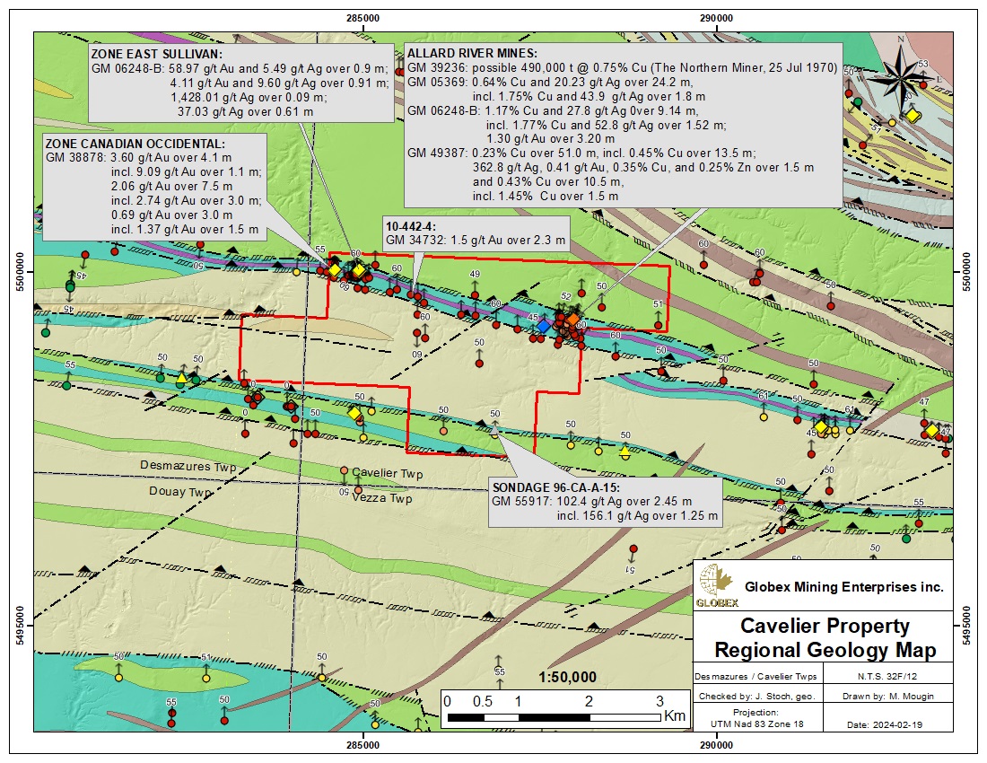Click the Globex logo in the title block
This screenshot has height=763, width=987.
coord(716,589)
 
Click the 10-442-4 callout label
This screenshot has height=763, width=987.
coord(409,227)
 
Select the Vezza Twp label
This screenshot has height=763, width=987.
coord(382,498)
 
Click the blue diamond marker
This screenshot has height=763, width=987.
coord(543,327)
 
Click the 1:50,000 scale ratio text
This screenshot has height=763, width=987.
coord(567,677)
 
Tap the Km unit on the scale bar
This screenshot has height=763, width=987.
coord(675,715)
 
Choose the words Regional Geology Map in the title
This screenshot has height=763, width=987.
coord(824,649)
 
